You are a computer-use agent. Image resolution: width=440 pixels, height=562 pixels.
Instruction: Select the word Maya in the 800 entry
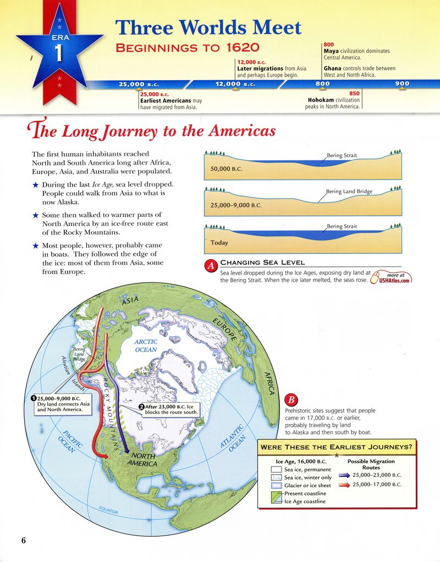(x=331, y=51)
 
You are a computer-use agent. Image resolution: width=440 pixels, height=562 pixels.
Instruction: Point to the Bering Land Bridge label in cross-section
(x=349, y=191)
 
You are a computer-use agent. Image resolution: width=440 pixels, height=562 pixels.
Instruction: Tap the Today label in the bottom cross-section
(x=219, y=242)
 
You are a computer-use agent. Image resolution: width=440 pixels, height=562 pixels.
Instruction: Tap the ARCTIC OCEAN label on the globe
(x=146, y=345)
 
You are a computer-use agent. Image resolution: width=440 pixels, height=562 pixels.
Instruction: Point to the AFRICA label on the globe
(x=269, y=382)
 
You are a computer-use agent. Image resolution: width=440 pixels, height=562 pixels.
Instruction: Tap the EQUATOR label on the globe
(x=108, y=510)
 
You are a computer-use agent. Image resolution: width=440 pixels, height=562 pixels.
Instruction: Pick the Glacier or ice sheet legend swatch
(x=277, y=486)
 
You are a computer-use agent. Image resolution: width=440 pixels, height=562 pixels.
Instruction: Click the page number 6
(x=24, y=539)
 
